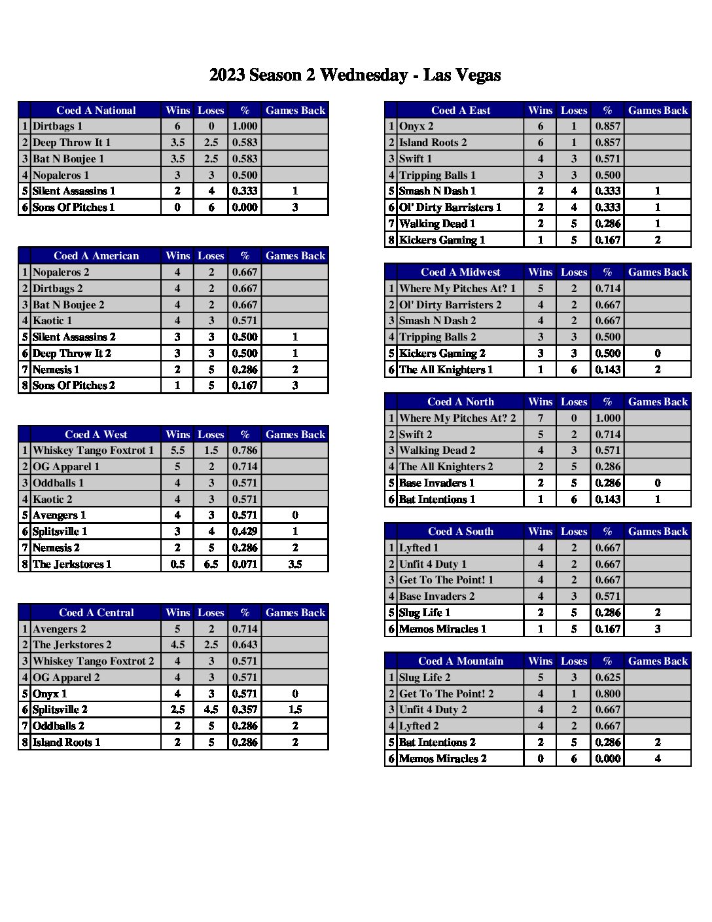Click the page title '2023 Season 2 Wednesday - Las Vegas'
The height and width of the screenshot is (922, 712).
click(x=355, y=75)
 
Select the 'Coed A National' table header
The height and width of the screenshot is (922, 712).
click(x=96, y=110)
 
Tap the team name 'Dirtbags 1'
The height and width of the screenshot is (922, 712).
click(x=58, y=126)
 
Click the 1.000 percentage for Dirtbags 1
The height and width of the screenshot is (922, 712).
click(x=245, y=126)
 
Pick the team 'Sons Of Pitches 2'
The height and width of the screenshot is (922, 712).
click(x=74, y=386)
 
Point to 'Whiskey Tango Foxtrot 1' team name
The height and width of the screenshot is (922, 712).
click(x=94, y=451)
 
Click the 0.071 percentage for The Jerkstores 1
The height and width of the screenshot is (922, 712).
click(x=245, y=564)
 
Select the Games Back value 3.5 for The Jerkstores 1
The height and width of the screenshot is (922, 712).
click(x=295, y=564)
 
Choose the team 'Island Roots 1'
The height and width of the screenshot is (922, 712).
click(x=67, y=742)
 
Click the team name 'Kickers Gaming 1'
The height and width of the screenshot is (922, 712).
click(x=442, y=240)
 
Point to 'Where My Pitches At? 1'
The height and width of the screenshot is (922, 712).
click(x=457, y=288)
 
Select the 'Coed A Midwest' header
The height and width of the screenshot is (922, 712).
click(x=460, y=272)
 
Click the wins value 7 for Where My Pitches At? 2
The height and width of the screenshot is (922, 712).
click(x=541, y=418)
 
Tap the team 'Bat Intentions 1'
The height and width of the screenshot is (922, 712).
click(x=437, y=499)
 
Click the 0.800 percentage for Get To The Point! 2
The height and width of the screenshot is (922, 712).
click(x=608, y=693)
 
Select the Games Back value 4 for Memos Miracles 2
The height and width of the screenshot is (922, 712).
click(x=658, y=758)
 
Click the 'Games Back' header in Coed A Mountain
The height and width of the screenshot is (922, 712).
click(x=658, y=661)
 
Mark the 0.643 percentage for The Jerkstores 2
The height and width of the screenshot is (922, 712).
click(x=245, y=644)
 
